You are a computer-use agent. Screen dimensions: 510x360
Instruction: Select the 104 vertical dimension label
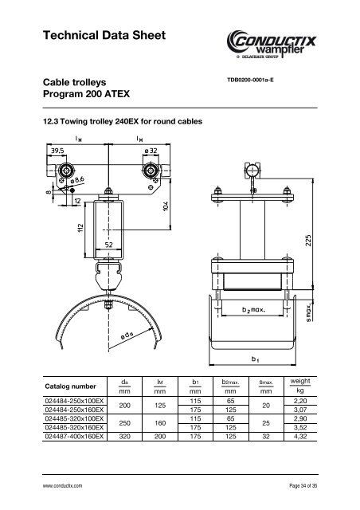point(165,206)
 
